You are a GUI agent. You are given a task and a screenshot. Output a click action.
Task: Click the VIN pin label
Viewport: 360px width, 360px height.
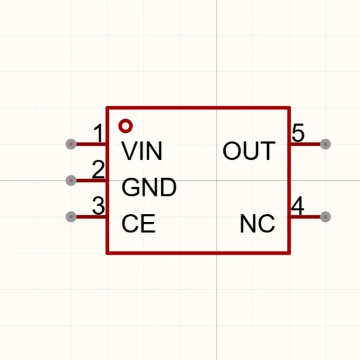tap(142, 151)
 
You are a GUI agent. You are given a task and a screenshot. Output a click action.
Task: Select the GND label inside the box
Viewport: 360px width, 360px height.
tap(149, 187)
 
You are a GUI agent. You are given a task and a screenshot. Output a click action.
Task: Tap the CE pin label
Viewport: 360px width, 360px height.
tap(139, 223)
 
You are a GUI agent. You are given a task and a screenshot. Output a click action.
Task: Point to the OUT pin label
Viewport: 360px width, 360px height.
tap(249, 151)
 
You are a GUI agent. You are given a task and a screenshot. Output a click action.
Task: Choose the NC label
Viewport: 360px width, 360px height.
tap(257, 223)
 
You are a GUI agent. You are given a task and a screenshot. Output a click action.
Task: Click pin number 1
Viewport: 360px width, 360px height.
tap(99, 133)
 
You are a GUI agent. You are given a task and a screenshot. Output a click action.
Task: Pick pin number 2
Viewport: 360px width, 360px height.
tap(98, 170)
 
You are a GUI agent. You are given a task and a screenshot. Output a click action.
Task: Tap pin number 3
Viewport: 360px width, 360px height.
tap(98, 206)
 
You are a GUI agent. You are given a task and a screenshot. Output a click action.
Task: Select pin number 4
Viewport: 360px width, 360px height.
tap(298, 206)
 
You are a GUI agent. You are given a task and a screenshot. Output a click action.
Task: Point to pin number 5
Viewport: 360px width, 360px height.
tap(298, 133)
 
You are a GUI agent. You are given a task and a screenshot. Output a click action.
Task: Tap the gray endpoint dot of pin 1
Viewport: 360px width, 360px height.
tap(71, 144)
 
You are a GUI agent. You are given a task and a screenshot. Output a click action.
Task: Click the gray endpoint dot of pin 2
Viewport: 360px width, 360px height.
tap(71, 181)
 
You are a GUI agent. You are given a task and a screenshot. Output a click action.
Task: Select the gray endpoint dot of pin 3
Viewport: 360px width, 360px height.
tap(71, 217)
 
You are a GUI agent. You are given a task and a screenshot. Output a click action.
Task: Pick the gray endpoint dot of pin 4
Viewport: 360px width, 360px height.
tap(325, 217)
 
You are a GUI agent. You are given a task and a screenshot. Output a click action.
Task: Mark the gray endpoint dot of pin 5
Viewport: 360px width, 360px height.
tap(325, 144)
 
